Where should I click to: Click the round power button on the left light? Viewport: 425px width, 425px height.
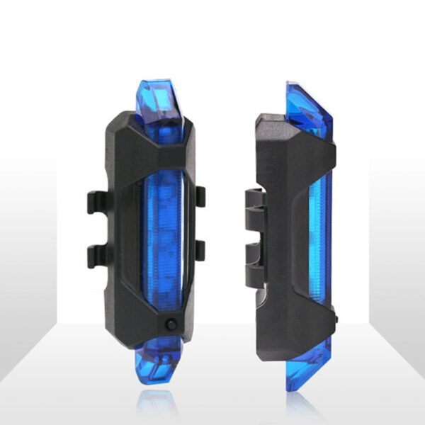pyautogui.click(x=171, y=324)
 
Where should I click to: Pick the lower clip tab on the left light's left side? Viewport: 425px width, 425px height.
pyautogui.click(x=98, y=256)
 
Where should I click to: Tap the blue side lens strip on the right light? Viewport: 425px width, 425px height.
pyautogui.click(x=319, y=234)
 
